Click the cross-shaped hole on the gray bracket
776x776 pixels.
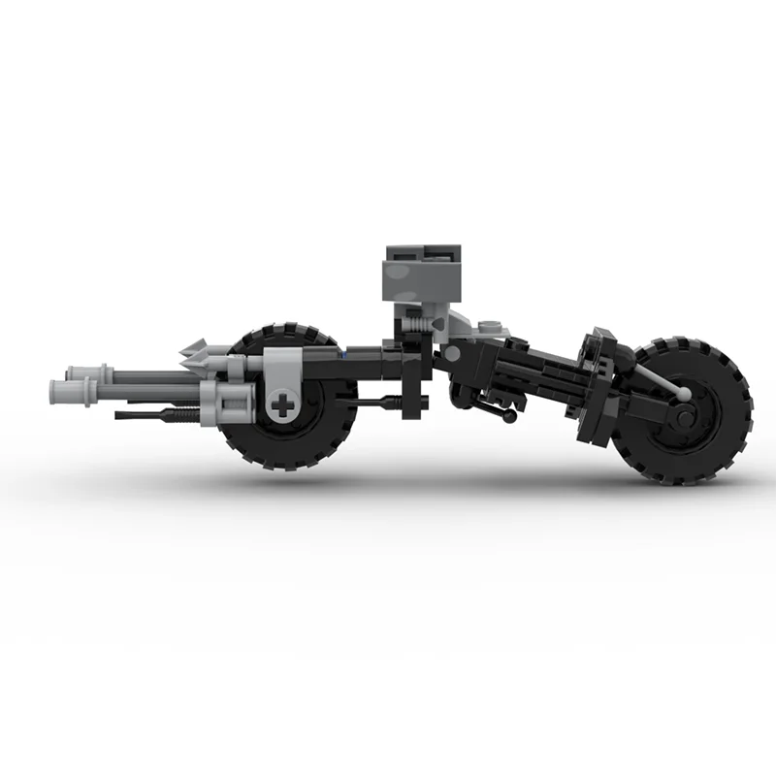(282, 404)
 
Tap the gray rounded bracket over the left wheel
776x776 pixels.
(280, 374)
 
